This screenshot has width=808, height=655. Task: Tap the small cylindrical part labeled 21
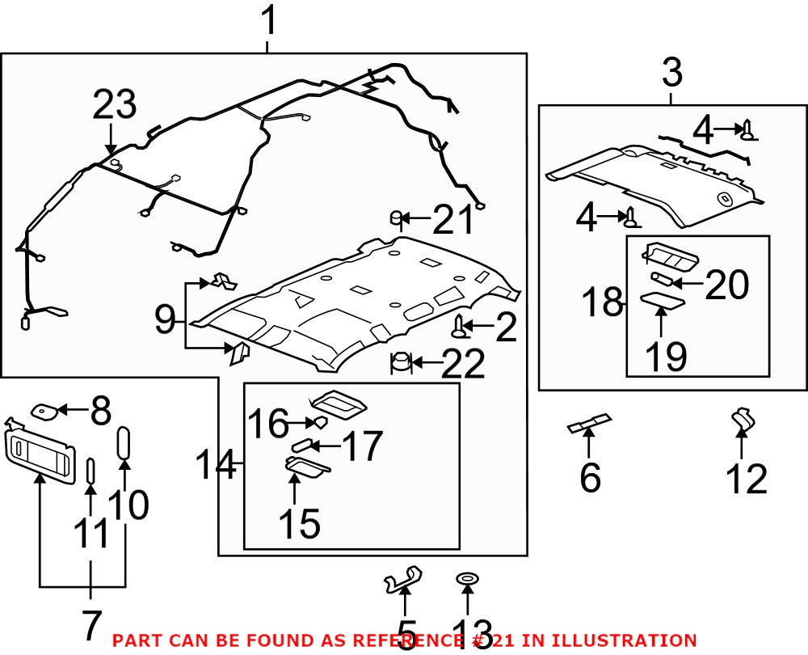point(397,217)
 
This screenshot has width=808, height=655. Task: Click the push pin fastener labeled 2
point(461,327)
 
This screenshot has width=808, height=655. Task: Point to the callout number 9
point(165,321)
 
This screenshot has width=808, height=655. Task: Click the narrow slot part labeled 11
point(90,471)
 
